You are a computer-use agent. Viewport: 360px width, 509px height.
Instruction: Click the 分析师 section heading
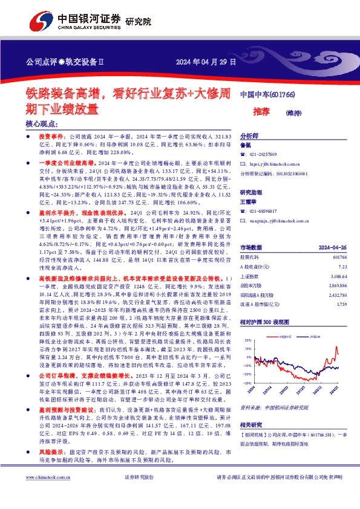pos(249,136)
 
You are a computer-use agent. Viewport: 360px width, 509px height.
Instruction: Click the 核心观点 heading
pos(41,123)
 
